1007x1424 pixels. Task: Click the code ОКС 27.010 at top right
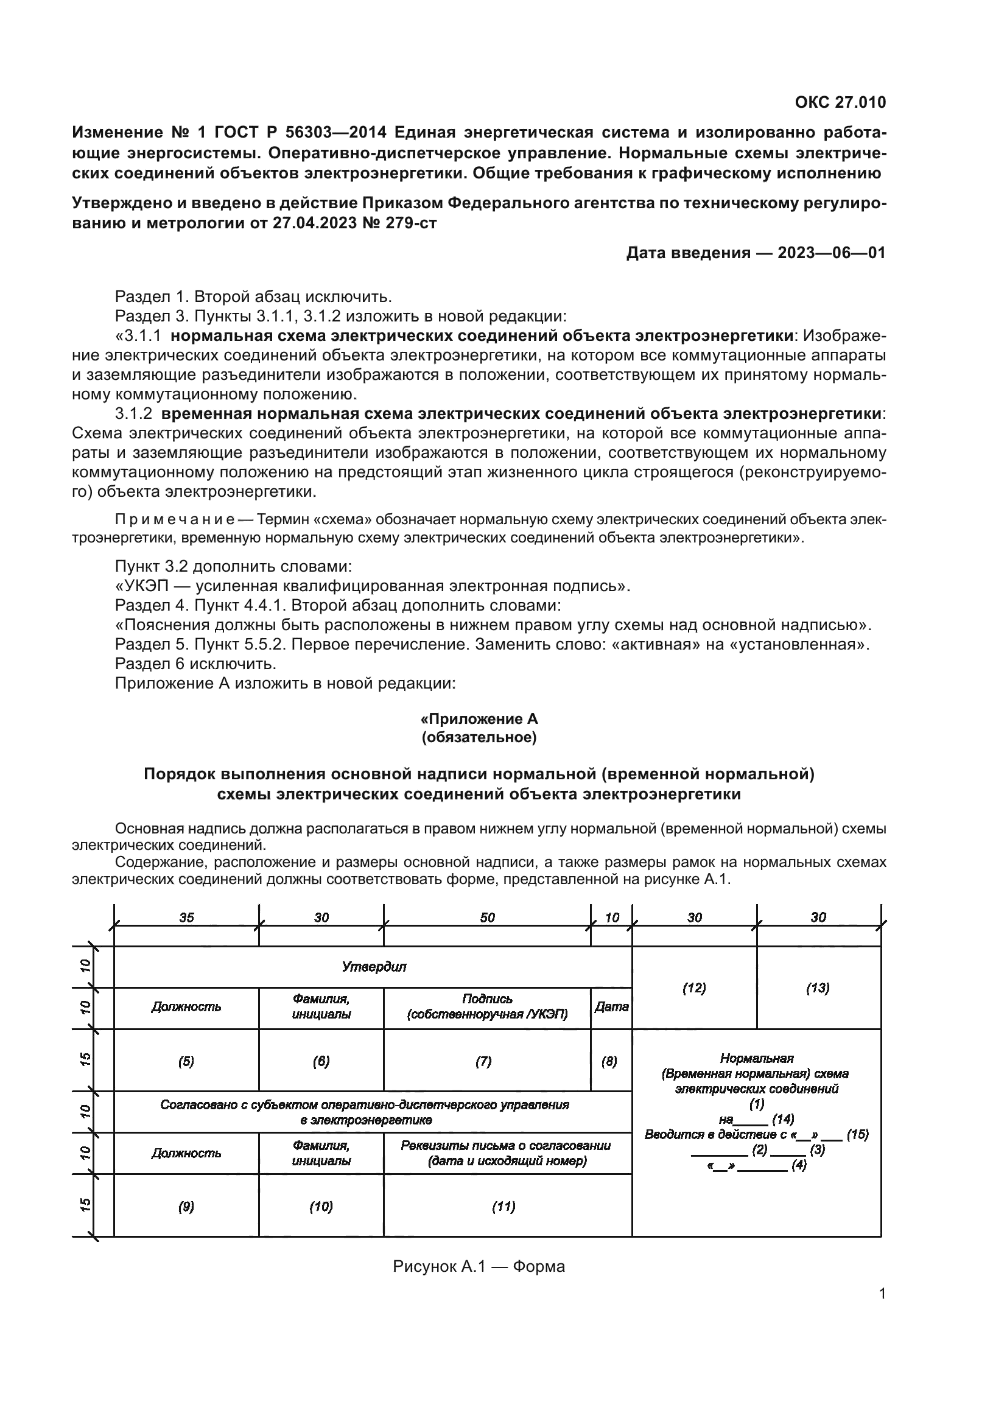840,102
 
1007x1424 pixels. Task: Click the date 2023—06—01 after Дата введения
832,253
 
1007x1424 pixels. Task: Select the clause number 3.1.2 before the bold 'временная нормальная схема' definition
133,413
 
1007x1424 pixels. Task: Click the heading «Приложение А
479,719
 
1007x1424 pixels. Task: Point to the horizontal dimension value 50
488,918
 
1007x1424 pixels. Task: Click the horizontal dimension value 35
187,918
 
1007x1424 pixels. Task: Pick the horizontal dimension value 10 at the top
612,918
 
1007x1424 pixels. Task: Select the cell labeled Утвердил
374,967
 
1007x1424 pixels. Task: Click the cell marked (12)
694,989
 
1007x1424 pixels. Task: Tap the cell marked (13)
818,989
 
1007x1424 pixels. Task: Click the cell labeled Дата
611,1007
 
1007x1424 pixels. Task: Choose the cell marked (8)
609,1062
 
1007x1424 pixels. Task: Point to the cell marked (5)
186,1062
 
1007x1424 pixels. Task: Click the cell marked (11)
503,1206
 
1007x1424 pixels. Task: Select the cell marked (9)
186,1206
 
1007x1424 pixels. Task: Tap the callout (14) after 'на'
783,1120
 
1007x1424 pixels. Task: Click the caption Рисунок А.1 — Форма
479,1266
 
